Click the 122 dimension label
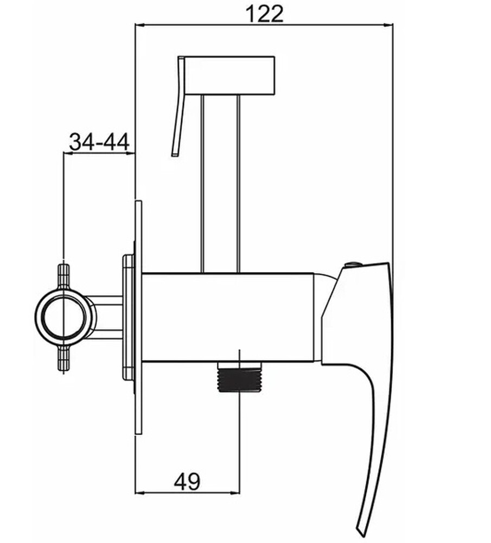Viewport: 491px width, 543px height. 264,14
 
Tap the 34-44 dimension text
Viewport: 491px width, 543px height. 99,142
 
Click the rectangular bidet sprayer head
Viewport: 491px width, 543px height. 229,75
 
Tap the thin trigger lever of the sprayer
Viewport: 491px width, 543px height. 178,106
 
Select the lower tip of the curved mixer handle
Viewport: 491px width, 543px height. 360,535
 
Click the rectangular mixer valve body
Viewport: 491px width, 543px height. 228,318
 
